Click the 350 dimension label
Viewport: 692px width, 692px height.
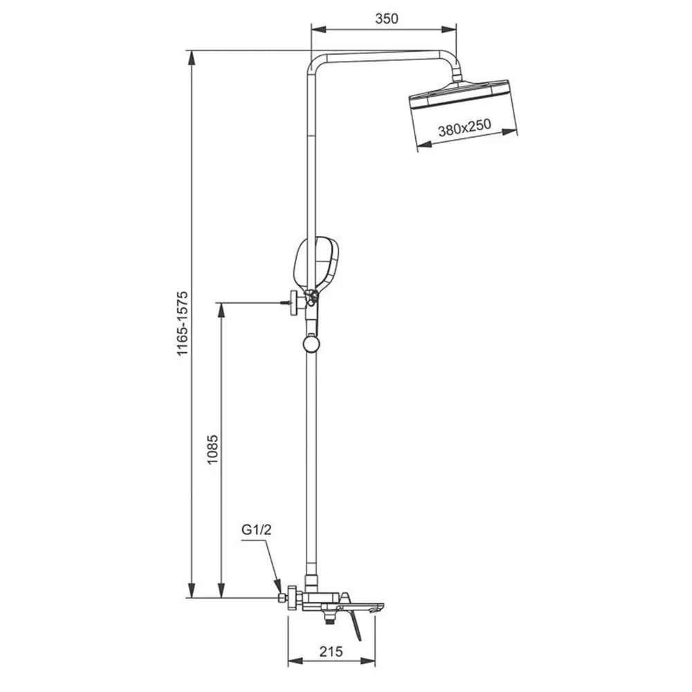pos(386,19)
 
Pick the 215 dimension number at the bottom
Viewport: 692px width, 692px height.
pos(333,650)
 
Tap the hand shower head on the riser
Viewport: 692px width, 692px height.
pos(318,262)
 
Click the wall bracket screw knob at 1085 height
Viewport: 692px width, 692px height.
pos(296,302)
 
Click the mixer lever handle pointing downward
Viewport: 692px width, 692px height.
pos(356,627)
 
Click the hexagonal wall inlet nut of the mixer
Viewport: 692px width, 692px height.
pos(282,597)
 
